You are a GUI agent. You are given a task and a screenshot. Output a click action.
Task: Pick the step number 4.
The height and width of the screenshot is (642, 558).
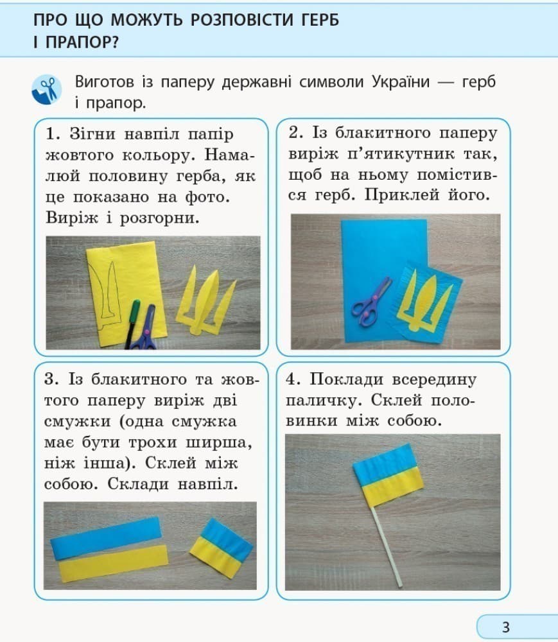pos(293,379)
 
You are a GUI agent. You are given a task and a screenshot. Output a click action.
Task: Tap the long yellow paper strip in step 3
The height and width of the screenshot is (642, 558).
pos(113,563)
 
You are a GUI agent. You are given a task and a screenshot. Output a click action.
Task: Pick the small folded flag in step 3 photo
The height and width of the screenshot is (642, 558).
pos(221,546)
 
